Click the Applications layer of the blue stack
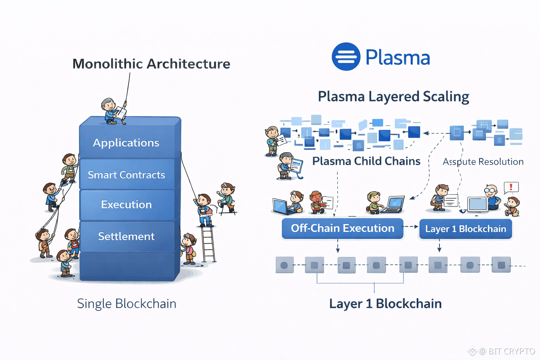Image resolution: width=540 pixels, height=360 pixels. coord(126,143)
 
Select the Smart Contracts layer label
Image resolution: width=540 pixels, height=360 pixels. coord(126,175)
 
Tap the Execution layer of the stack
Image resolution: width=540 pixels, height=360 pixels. coord(126,205)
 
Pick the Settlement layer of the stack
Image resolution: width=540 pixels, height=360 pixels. coord(126,236)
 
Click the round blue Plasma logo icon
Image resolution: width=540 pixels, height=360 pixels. coord(346,57)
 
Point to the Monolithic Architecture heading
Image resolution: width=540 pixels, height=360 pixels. coord(151,64)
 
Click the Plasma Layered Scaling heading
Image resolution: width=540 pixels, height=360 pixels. coord(393,97)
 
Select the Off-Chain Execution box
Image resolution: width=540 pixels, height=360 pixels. coord(342,229)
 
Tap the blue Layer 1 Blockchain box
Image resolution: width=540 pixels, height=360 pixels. coord(465,229)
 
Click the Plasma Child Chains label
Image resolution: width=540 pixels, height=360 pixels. coord(366,161)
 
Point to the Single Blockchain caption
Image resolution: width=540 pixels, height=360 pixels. coord(127,304)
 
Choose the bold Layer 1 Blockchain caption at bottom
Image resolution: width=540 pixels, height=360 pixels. coord(385,304)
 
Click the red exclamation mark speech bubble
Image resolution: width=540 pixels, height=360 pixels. coord(511,187)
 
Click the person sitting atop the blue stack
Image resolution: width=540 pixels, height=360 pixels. coord(112,111)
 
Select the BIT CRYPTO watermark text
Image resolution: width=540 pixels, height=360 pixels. coord(512,351)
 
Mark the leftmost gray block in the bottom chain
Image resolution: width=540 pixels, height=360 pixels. coord(284,265)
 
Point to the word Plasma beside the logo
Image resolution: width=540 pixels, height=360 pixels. coord(398,57)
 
